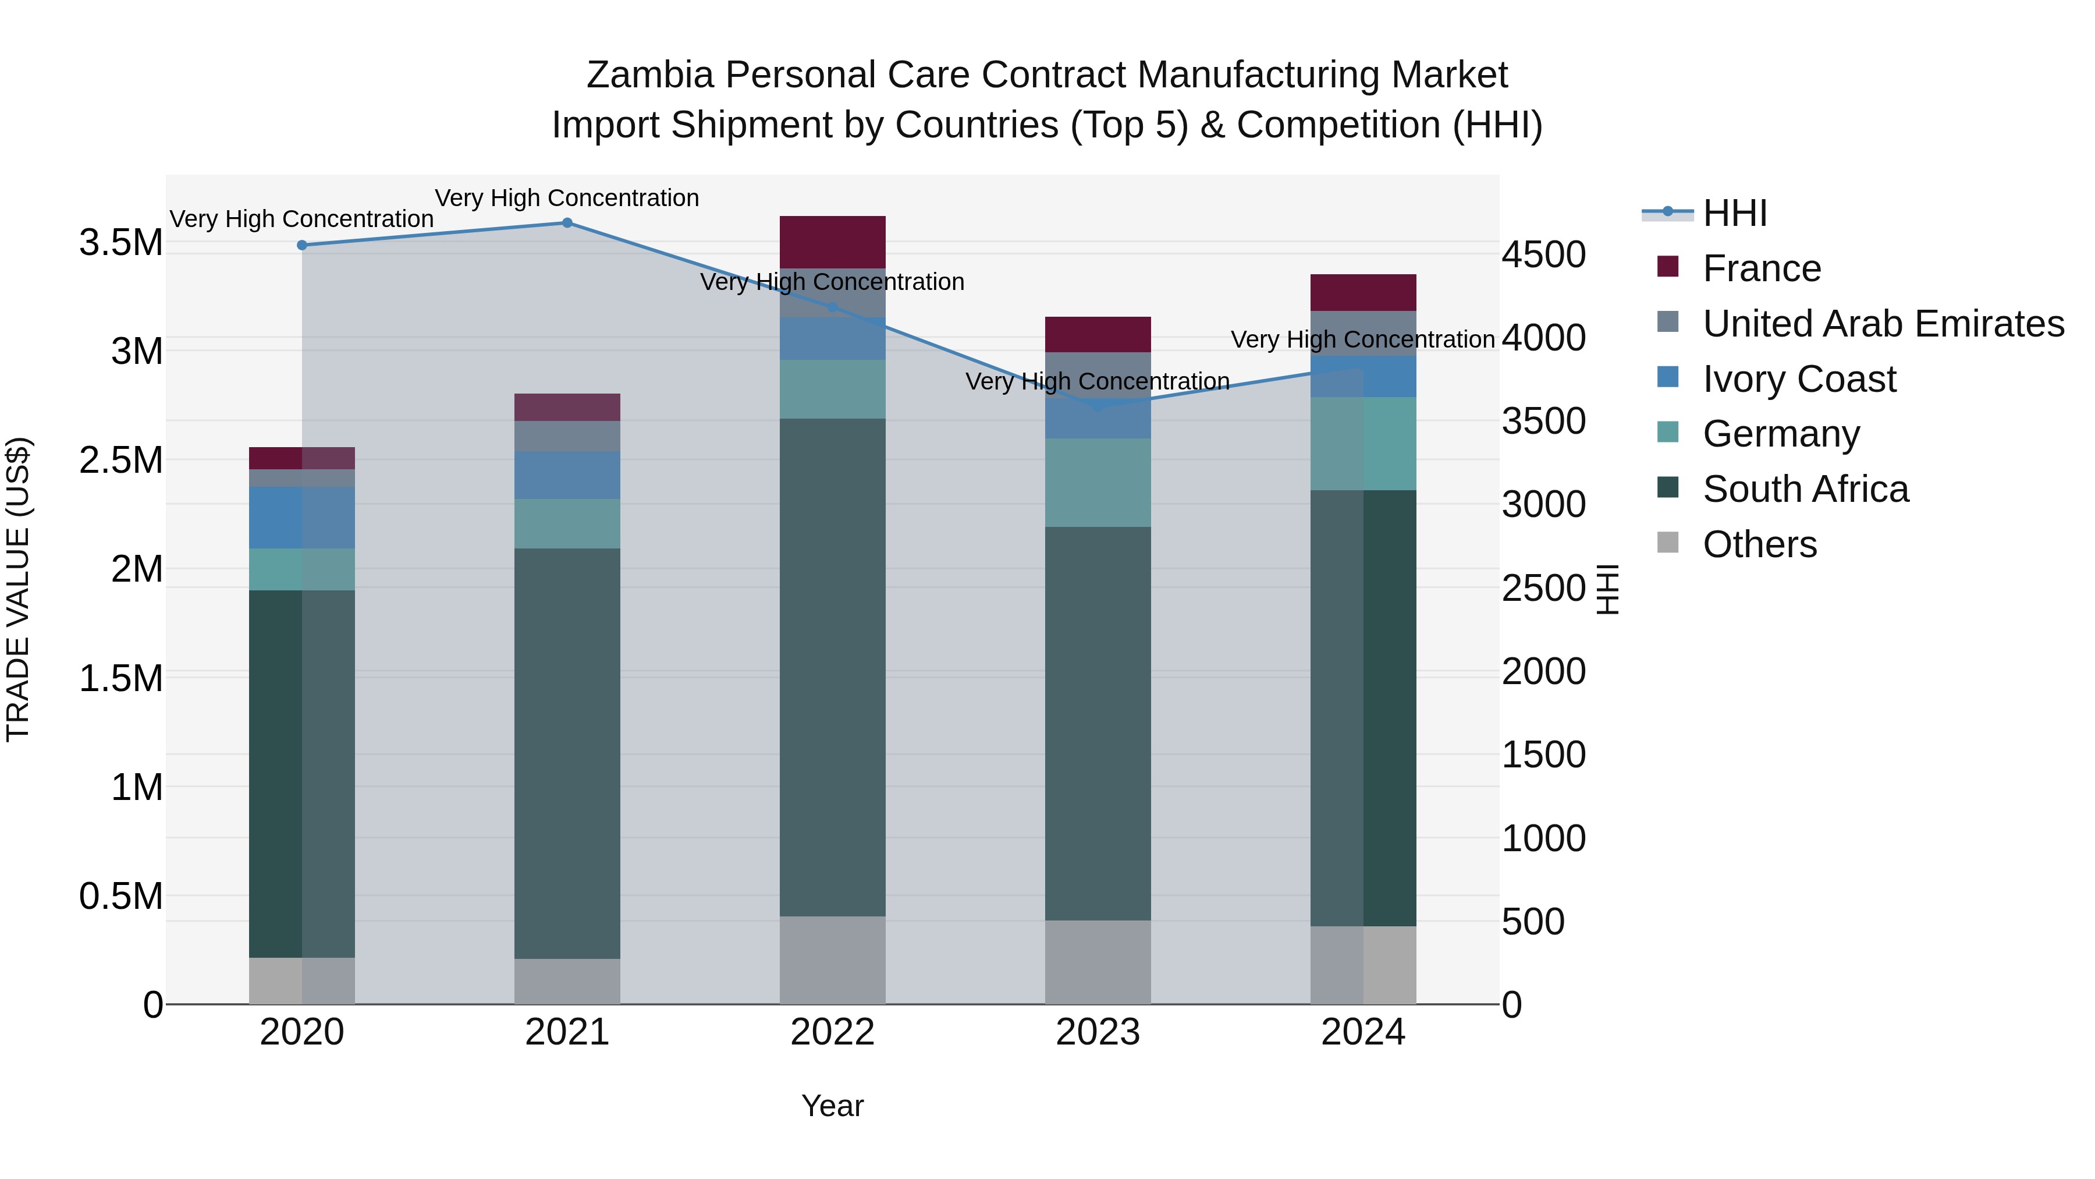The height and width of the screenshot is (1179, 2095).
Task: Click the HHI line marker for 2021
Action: [567, 223]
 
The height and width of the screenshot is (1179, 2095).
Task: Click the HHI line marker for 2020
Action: [301, 245]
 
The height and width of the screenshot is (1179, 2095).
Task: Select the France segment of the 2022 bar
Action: [832, 242]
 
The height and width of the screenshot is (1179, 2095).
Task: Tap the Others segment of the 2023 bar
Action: [1097, 962]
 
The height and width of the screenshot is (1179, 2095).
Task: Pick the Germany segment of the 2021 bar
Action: [567, 523]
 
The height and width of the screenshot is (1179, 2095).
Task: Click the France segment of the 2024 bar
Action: [1362, 292]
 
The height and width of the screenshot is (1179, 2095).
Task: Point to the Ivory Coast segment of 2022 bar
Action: [832, 338]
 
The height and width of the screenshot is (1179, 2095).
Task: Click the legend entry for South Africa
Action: [1805, 489]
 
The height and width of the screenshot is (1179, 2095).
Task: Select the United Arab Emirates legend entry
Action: [1883, 323]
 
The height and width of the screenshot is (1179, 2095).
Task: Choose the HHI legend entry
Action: [1734, 213]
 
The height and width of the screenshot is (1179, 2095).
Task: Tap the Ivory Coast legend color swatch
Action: [1667, 377]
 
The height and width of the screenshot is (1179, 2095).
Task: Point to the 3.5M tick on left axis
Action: [120, 242]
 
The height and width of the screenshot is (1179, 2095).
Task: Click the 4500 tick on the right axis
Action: [1543, 254]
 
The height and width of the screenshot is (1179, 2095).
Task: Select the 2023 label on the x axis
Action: [1097, 1032]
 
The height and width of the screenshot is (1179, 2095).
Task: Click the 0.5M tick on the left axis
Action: [120, 896]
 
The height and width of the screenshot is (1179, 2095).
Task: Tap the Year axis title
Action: [832, 1106]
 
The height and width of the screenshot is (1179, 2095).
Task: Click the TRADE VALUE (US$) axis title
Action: [18, 589]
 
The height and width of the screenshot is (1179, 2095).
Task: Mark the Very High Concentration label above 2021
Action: [567, 198]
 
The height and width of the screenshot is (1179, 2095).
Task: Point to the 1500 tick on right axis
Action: [1543, 754]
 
